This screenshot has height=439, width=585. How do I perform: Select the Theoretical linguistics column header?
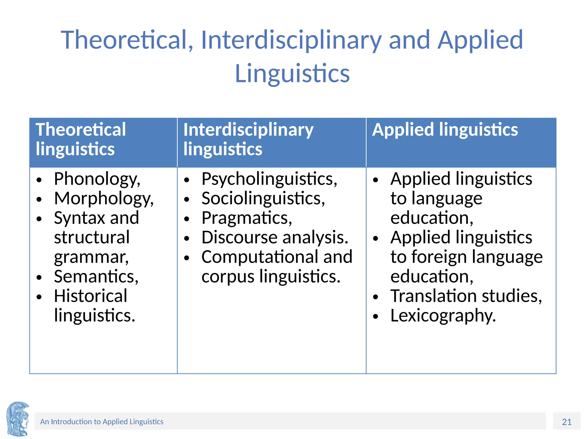click(x=81, y=139)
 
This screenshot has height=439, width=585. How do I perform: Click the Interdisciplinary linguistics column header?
click(x=248, y=139)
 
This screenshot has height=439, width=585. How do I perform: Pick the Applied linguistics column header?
click(x=445, y=130)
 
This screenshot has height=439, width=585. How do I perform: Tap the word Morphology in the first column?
click(x=103, y=199)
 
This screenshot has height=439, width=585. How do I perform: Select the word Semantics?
click(x=96, y=277)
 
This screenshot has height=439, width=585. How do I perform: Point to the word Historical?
click(x=91, y=296)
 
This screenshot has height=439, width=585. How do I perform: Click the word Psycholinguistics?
click(x=269, y=179)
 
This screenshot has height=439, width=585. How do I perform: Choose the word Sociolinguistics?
click(x=263, y=199)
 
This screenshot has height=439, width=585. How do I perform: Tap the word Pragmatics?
click(x=247, y=218)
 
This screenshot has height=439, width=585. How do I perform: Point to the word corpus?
click(x=228, y=277)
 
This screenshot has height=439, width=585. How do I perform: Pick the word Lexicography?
click(x=443, y=316)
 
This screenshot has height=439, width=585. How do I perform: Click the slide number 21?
click(x=567, y=422)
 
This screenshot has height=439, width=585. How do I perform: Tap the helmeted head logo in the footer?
click(x=18, y=419)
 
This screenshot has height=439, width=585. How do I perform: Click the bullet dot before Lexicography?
click(x=375, y=316)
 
